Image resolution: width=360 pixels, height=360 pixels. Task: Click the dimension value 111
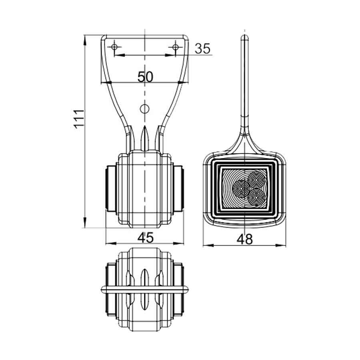[79, 118]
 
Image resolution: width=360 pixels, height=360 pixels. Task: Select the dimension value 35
[202, 48]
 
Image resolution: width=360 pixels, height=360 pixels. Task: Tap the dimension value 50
[145, 76]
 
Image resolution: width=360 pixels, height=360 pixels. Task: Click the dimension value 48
[245, 239]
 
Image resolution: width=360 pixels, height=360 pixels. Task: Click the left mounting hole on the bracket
[115, 48]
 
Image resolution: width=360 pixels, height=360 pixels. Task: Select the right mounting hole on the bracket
[176, 48]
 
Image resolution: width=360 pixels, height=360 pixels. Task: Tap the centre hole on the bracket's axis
[145, 108]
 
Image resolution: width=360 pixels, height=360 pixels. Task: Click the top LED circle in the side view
[255, 178]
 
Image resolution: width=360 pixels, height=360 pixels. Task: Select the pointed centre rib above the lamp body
[144, 138]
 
